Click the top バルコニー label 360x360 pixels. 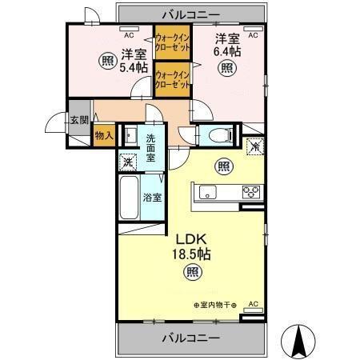(192, 13)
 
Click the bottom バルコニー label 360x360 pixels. (192, 338)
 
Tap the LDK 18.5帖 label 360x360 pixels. (192, 245)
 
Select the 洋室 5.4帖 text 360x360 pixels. (134, 61)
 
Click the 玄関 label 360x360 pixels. (78, 120)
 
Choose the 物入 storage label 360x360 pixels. (103, 137)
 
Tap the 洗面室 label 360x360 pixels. (153, 148)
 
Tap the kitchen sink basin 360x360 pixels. (206, 191)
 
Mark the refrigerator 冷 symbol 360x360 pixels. (254, 146)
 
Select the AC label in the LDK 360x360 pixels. (253, 303)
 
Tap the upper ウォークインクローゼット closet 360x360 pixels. (171, 42)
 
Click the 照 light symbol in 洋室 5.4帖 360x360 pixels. (106, 60)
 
